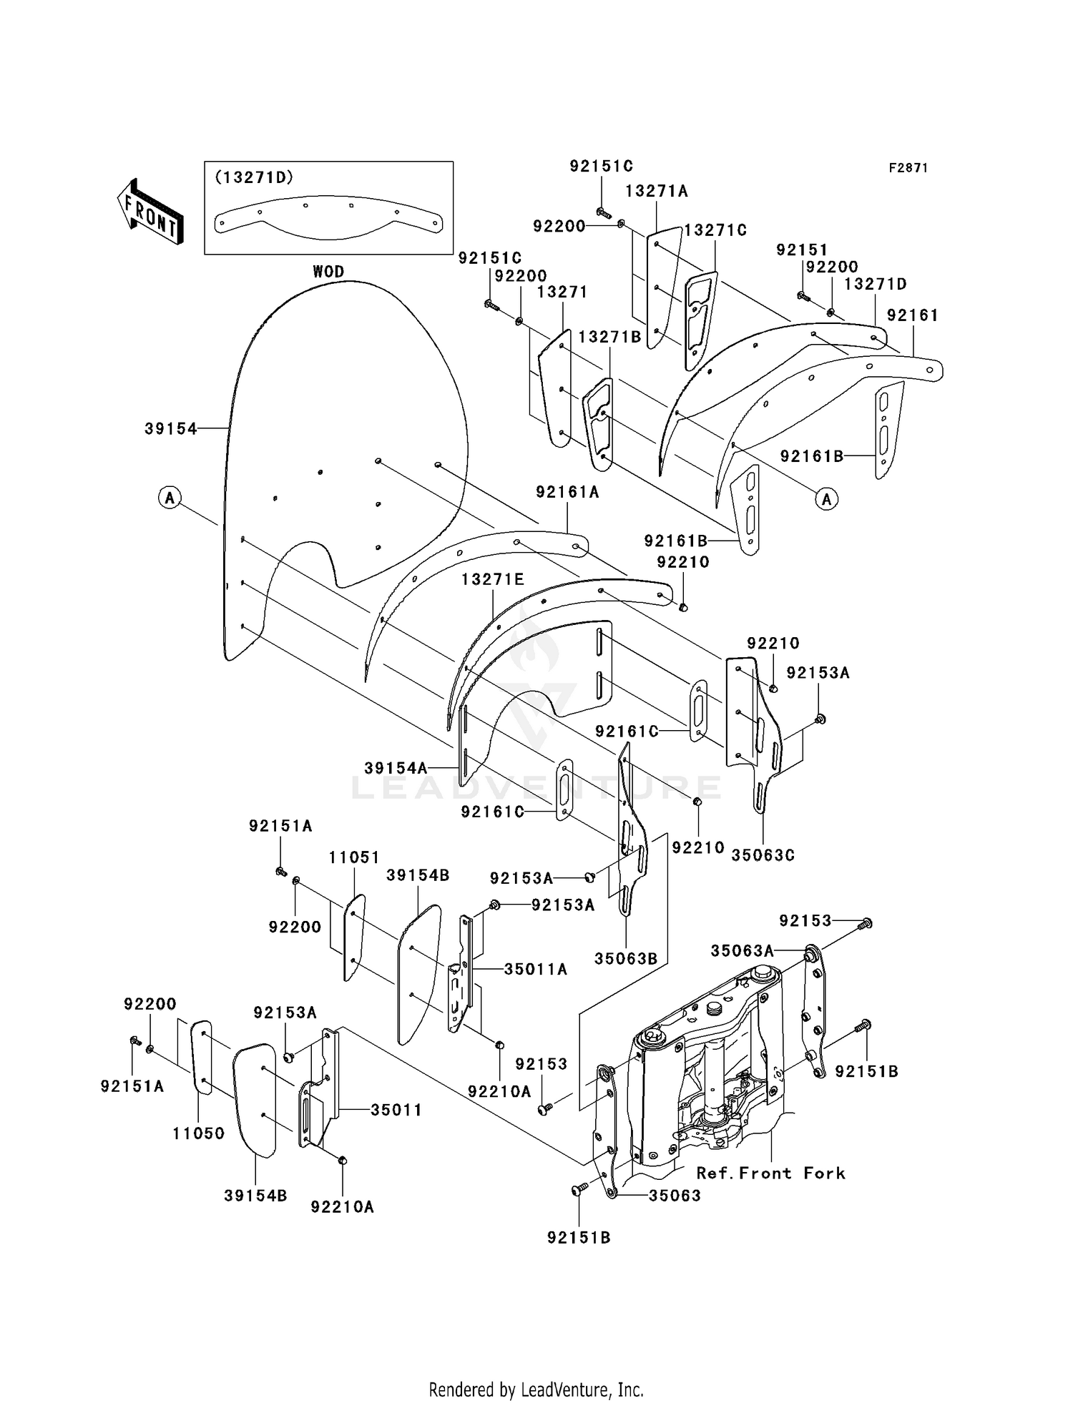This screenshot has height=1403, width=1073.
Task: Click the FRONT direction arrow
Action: click(150, 212)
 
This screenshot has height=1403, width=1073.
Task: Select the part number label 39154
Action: click(170, 428)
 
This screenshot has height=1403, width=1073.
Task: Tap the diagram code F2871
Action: click(908, 168)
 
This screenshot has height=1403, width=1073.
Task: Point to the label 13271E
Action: click(492, 579)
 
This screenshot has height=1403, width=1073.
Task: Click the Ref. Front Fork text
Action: click(770, 1173)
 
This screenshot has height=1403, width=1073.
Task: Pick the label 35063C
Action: click(763, 855)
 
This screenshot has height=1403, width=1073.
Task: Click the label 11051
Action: click(354, 857)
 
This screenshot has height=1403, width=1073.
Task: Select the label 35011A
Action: click(535, 969)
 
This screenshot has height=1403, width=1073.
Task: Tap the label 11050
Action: click(199, 1133)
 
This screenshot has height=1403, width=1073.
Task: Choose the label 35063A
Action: click(742, 950)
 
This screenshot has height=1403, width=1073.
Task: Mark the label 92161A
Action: click(567, 492)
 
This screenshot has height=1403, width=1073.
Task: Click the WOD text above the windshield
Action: click(328, 272)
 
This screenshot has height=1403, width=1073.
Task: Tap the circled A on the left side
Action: click(170, 497)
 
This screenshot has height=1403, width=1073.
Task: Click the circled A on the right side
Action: click(827, 499)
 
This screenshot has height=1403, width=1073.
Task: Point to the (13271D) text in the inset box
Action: click(254, 177)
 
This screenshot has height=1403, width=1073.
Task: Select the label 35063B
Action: click(625, 958)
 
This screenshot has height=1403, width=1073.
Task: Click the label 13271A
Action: click(656, 191)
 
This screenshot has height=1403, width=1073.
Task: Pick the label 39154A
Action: click(396, 768)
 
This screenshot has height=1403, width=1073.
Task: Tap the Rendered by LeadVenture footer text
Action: click(536, 1389)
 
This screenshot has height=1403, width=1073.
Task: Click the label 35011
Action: click(396, 1110)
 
